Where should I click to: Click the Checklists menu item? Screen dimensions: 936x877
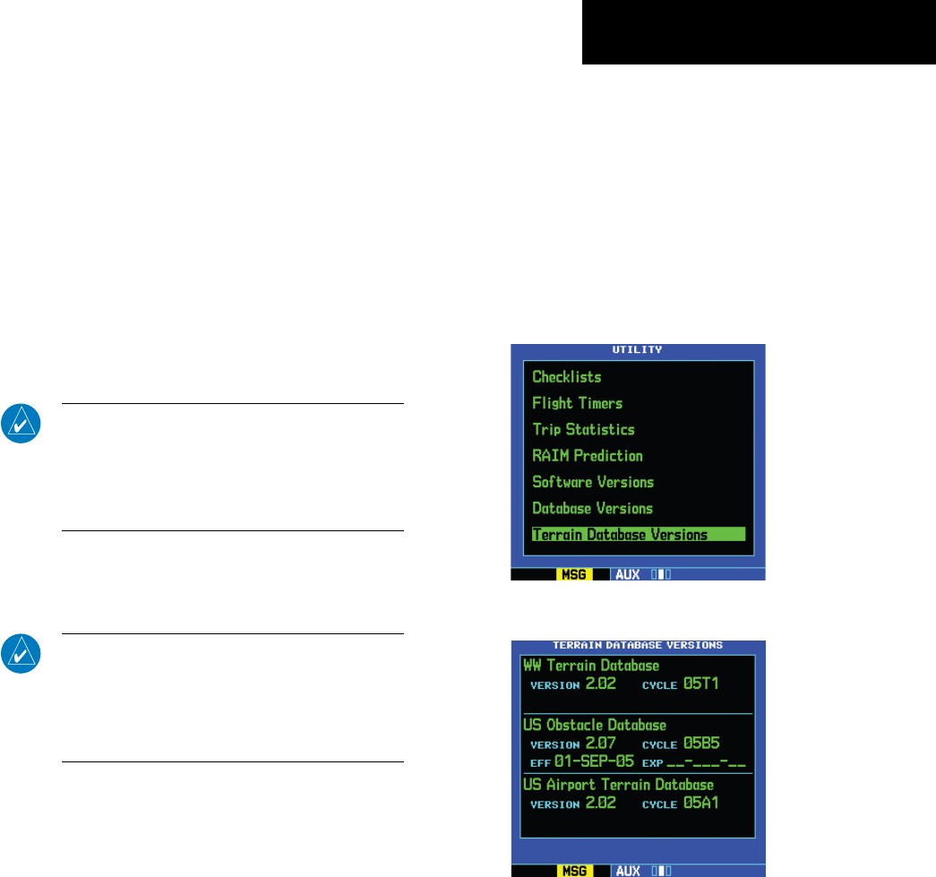567,377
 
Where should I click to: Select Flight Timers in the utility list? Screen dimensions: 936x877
578,403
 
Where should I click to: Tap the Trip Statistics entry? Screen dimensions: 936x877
583,429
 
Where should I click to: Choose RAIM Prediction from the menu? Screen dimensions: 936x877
588,455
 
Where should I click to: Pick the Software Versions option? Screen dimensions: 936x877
593,482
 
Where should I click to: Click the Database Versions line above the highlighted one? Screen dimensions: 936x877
592,508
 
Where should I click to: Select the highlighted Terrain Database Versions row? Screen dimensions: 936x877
620,535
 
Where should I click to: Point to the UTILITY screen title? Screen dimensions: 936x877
638,349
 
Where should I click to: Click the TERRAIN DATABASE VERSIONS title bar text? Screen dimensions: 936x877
638,645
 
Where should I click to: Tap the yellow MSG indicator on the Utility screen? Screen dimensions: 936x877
573,573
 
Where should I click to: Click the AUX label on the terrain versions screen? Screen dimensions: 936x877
626,869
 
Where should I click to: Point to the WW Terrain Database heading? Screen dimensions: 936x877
591,666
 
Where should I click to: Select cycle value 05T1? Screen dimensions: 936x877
701,684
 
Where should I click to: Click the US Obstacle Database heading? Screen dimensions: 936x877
594,725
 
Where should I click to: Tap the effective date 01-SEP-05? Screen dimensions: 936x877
594,761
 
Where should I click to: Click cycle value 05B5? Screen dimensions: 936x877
701,744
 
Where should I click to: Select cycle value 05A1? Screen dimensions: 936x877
701,803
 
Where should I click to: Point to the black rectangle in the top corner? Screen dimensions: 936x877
759,32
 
